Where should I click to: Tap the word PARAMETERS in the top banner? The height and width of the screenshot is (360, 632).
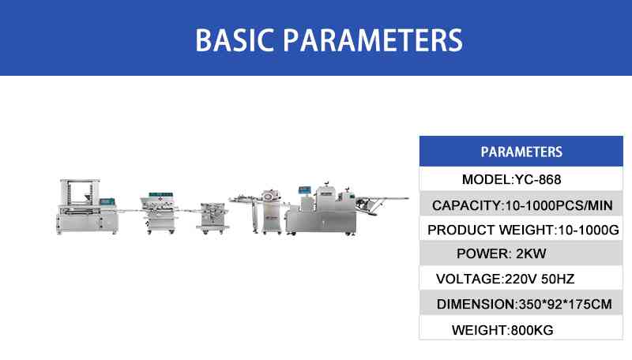click(x=373, y=40)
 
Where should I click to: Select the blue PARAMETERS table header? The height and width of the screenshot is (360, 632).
click(x=521, y=152)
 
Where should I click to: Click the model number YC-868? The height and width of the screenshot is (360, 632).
click(x=538, y=179)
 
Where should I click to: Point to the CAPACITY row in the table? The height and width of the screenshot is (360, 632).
click(x=522, y=205)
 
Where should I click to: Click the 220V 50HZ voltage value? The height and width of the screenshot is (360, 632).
click(x=540, y=279)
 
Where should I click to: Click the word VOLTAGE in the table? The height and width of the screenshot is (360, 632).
click(x=468, y=279)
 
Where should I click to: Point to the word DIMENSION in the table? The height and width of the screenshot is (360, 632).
click(x=476, y=305)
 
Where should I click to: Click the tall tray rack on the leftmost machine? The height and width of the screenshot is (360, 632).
click(x=79, y=193)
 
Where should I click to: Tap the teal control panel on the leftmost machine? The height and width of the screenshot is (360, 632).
click(x=107, y=202)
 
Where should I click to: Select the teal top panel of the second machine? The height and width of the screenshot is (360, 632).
click(x=161, y=195)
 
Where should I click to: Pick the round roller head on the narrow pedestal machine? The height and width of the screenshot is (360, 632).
click(x=269, y=196)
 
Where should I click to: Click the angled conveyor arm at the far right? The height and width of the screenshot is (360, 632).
click(x=382, y=204)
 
